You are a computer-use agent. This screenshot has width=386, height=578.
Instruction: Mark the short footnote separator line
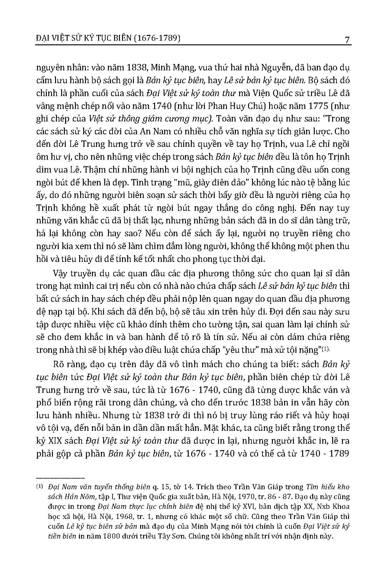(x=60, y=478)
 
